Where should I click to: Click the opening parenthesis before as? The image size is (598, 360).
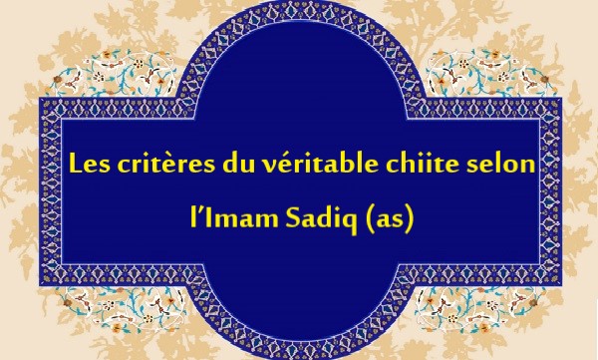[367, 214]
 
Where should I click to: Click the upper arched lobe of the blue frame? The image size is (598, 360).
[299, 50]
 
